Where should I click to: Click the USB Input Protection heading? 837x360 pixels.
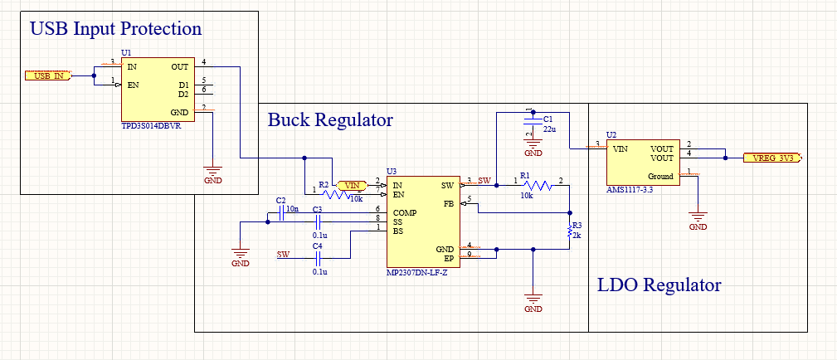coord(115,29)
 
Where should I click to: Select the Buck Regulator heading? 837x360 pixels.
coord(329,120)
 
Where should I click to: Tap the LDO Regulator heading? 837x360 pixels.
coord(659,285)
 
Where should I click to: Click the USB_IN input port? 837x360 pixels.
coord(48,75)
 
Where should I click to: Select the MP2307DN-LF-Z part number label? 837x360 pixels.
coord(416,273)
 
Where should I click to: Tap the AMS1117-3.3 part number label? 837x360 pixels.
coord(631,190)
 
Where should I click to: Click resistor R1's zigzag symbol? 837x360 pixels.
coord(538,186)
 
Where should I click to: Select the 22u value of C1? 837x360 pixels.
coord(549,129)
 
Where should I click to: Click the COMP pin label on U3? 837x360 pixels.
coord(405,212)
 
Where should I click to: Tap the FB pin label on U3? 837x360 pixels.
coord(449,203)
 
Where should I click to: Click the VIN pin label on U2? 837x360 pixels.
coord(620,149)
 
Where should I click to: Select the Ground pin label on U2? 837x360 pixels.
coord(660,176)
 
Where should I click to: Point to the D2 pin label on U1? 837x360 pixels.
coord(183,94)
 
